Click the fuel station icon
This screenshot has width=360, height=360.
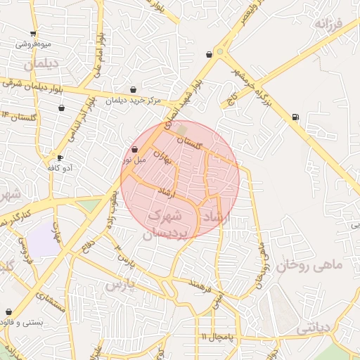(x=295, y=117)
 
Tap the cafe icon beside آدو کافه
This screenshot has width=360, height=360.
(x=60, y=157)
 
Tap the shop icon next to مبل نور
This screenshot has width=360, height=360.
(x=134, y=149)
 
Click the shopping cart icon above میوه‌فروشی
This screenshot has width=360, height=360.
(x=33, y=34)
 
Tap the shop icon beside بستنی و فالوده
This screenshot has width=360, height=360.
(x=8, y=311)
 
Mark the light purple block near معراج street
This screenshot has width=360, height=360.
(x=44, y=239)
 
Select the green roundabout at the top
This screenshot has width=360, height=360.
(x=220, y=51)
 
